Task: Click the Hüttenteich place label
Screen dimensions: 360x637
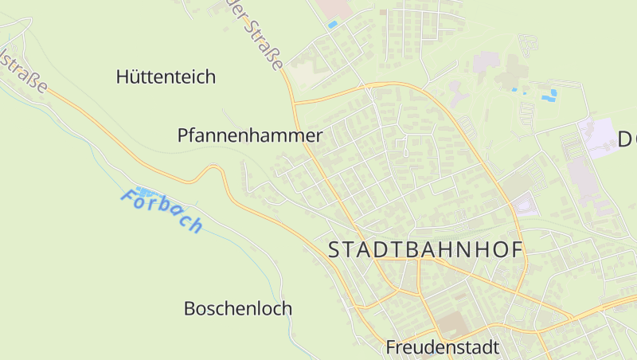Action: [166, 77]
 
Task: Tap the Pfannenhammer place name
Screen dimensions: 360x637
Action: [249, 136]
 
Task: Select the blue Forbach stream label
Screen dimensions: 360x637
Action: [162, 210]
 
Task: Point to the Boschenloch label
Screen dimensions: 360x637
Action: [237, 308]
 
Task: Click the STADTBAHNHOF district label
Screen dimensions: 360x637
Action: [426, 250]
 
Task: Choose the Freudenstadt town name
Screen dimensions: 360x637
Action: [442, 347]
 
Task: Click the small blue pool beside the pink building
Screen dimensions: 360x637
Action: [332, 25]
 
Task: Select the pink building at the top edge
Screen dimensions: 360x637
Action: [334, 8]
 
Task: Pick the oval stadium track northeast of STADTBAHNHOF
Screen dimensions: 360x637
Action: [526, 205]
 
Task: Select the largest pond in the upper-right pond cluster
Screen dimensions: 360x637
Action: [549, 96]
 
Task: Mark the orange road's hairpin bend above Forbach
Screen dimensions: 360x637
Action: [213, 169]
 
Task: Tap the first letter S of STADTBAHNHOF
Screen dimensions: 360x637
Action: [335, 250]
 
